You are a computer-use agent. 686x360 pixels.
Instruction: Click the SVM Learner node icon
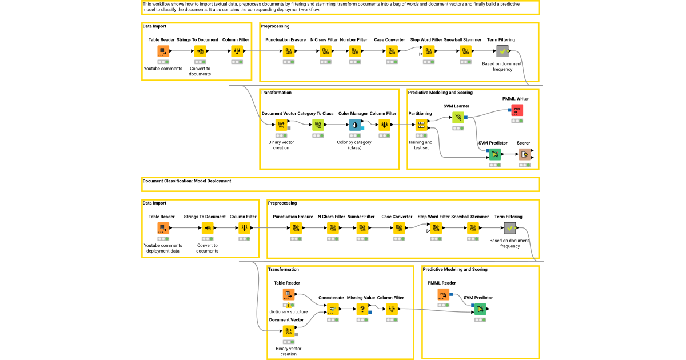458,118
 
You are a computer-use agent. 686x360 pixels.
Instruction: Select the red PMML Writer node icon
517,110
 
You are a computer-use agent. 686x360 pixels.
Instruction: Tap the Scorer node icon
524,154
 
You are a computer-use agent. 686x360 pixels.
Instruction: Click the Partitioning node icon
421,125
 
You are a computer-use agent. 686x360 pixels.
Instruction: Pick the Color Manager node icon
355,125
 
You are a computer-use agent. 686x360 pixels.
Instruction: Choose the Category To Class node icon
318,125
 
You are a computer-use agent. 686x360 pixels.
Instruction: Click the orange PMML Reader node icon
444,294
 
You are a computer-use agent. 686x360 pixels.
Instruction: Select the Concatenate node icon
331,309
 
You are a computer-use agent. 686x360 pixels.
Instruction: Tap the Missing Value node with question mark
361,309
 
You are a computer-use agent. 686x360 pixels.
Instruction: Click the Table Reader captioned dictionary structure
289,294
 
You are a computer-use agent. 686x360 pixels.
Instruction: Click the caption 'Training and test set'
420,145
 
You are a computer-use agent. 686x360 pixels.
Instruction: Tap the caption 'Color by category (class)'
355,145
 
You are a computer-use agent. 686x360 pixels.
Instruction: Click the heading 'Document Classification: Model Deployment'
187,181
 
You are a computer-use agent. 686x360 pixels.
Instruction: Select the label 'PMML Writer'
516,99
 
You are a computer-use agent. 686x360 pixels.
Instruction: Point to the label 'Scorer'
523,143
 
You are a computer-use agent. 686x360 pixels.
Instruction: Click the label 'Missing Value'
361,298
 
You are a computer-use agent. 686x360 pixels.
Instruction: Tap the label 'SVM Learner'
456,106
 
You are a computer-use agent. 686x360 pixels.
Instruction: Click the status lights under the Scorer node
524,165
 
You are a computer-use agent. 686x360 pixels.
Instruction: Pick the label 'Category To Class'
316,113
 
